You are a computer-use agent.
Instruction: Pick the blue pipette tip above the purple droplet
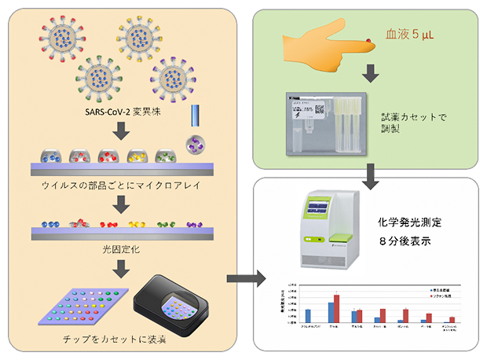[x=194, y=119]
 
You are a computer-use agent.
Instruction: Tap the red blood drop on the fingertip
[x=372, y=35]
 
